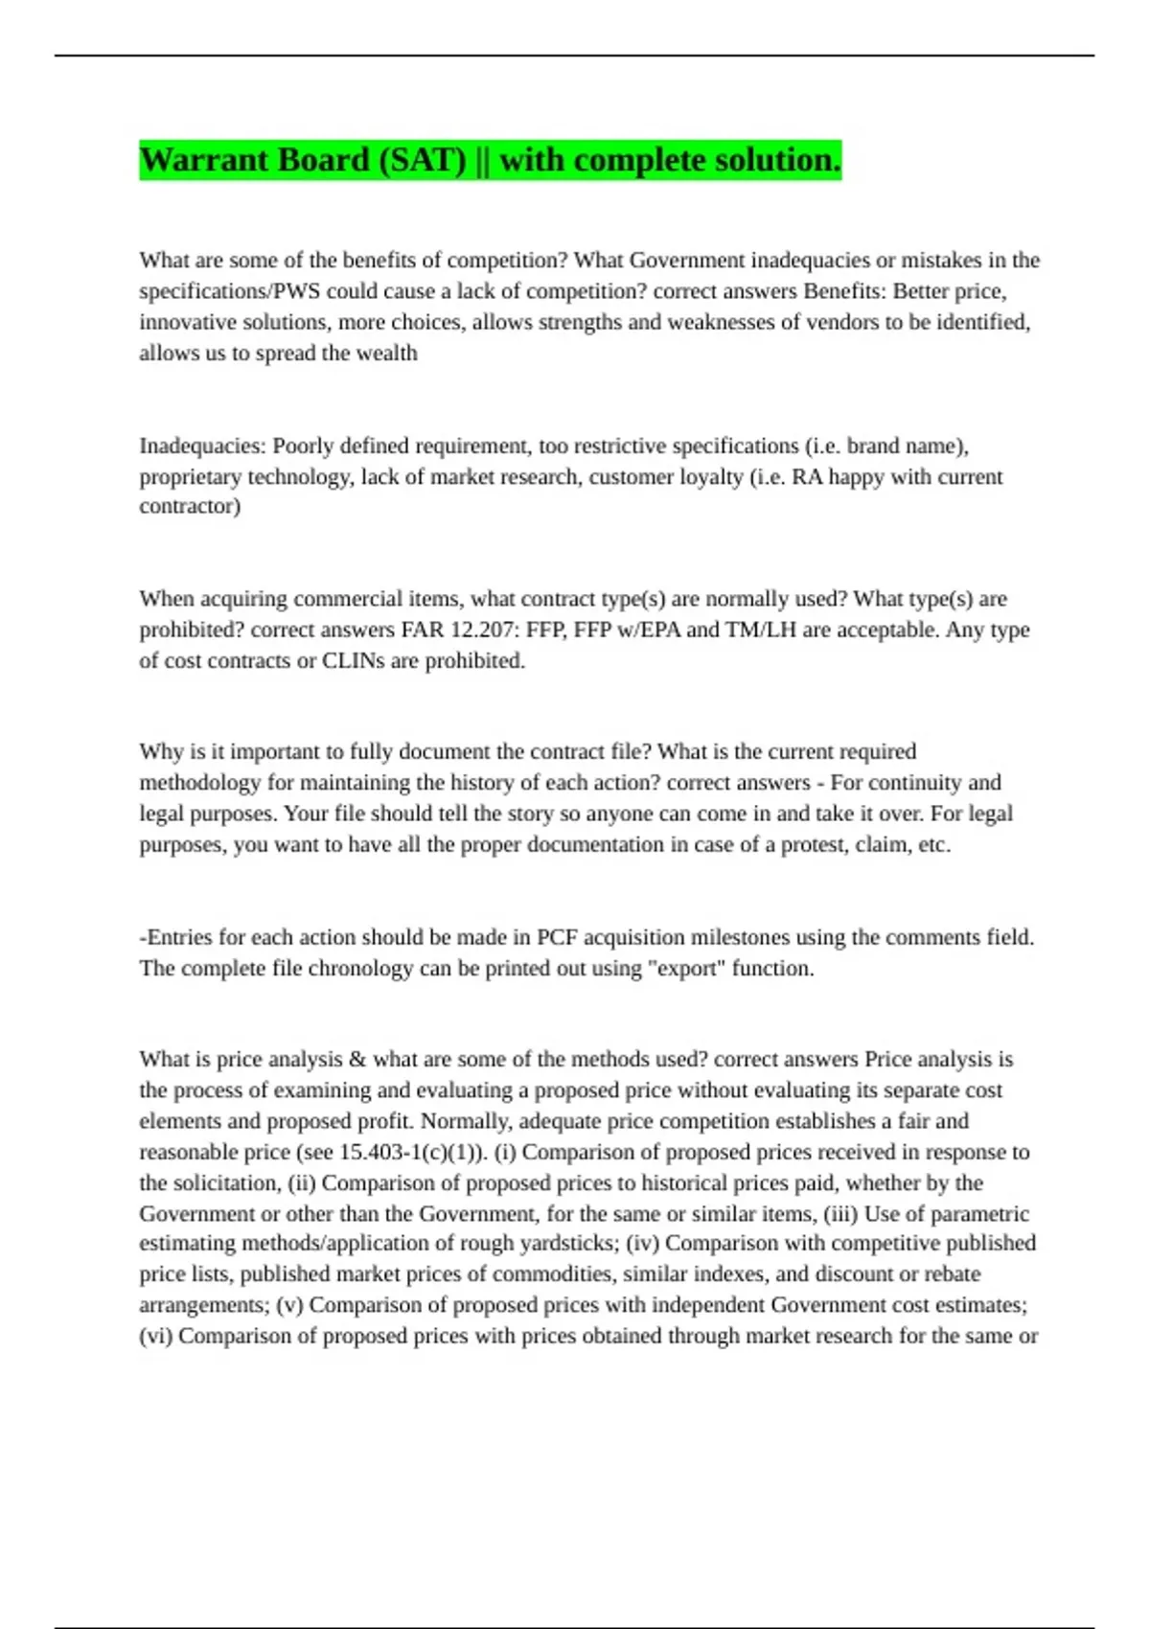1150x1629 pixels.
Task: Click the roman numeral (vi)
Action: [x=155, y=1336]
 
